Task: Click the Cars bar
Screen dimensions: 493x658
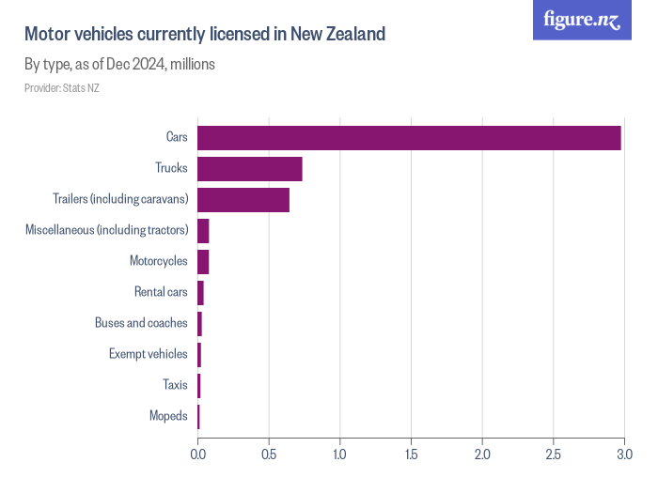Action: (409, 137)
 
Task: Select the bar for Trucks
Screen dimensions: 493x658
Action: (250, 169)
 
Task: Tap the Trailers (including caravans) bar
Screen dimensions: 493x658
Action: (243, 200)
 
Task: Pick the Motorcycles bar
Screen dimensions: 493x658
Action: (203, 261)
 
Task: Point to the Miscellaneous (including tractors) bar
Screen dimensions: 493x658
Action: (203, 230)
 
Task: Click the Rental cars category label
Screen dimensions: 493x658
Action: (161, 292)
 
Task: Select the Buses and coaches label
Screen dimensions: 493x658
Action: (141, 323)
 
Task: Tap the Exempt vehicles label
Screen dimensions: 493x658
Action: (148, 354)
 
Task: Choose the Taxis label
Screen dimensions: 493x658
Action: (175, 385)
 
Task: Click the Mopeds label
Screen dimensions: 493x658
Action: (168, 416)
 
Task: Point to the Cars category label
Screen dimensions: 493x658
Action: (177, 137)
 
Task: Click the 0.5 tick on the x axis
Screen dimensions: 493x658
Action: (269, 454)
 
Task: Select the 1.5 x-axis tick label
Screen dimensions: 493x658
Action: (411, 454)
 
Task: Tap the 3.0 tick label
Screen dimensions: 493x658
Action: (623, 454)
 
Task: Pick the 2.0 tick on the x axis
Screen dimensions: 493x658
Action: (481, 454)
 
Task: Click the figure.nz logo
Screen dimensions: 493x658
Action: (582, 20)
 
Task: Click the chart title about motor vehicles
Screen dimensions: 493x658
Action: (205, 35)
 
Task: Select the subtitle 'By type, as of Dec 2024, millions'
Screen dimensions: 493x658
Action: (119, 65)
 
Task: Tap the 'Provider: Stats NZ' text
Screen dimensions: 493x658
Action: (61, 88)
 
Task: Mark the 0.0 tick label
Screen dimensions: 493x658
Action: (198, 454)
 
